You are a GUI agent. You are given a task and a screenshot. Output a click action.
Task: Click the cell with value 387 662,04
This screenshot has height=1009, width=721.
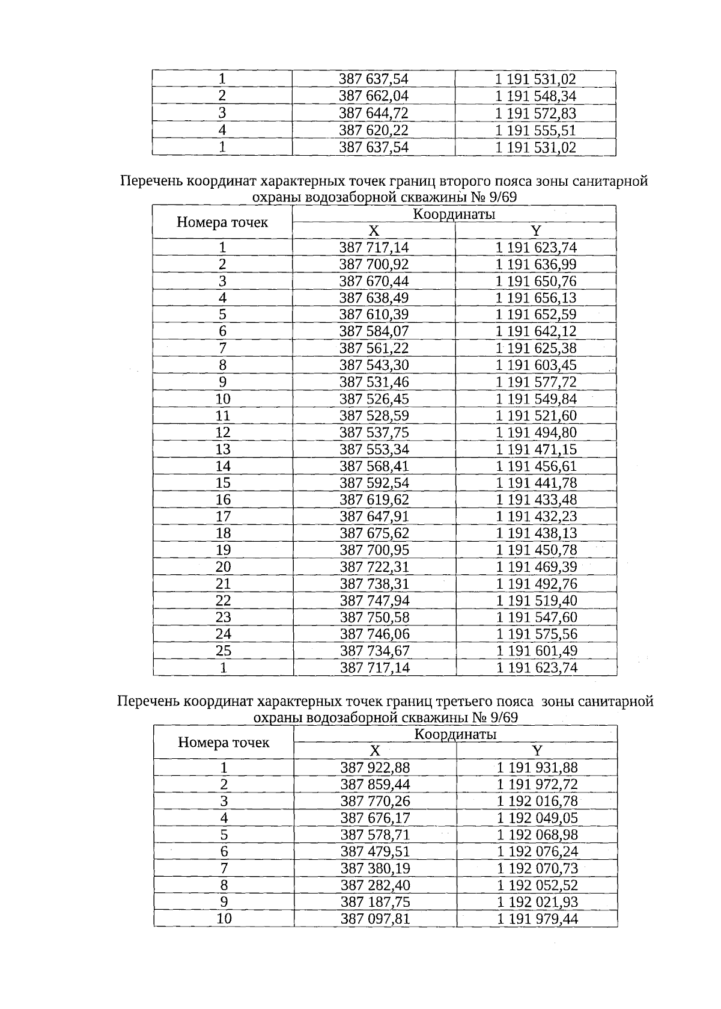click(x=374, y=96)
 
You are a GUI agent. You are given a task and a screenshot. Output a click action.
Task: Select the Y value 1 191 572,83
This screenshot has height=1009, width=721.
click(x=535, y=113)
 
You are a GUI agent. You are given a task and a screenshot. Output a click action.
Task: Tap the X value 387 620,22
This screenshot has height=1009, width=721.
click(x=374, y=130)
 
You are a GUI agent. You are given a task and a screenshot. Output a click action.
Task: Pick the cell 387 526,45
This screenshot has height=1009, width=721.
click(x=374, y=399)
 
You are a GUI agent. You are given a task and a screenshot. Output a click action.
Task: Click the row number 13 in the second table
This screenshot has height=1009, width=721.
click(x=223, y=449)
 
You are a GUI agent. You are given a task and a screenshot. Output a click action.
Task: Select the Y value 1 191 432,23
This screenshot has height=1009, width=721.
click(x=536, y=517)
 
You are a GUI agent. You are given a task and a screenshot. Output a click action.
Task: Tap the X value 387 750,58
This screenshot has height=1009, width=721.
click(x=374, y=618)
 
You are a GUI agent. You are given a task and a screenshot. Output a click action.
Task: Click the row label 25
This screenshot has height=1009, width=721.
click(x=223, y=651)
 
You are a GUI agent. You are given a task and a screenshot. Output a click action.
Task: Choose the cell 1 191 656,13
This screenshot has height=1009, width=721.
click(x=536, y=298)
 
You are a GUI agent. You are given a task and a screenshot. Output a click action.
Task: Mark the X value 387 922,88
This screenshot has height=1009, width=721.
click(x=375, y=768)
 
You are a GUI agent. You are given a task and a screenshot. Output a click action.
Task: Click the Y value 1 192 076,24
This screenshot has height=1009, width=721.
click(x=537, y=851)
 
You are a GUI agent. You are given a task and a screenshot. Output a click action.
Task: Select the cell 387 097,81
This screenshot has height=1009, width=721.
click(x=375, y=919)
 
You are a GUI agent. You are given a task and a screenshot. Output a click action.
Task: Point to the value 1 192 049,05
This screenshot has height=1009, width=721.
click(x=537, y=818)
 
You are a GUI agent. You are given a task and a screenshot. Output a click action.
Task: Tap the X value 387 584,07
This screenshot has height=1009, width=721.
click(x=374, y=331)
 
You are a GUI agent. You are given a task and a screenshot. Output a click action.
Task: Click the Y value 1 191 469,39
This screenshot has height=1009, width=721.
click(x=536, y=567)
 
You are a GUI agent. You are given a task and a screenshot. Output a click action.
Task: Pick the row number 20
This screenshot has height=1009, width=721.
click(x=223, y=567)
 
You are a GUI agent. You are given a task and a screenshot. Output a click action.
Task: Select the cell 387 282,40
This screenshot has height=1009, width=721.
click(x=375, y=885)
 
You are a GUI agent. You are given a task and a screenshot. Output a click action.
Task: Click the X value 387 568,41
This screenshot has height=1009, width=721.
click(x=374, y=466)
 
